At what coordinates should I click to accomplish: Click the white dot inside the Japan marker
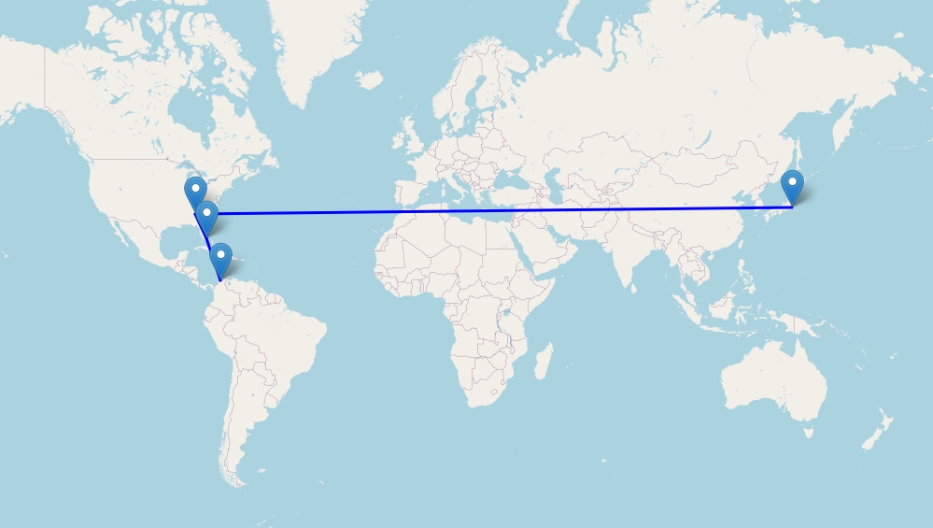(x=792, y=180)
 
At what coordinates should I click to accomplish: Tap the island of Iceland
(x=369, y=80)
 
